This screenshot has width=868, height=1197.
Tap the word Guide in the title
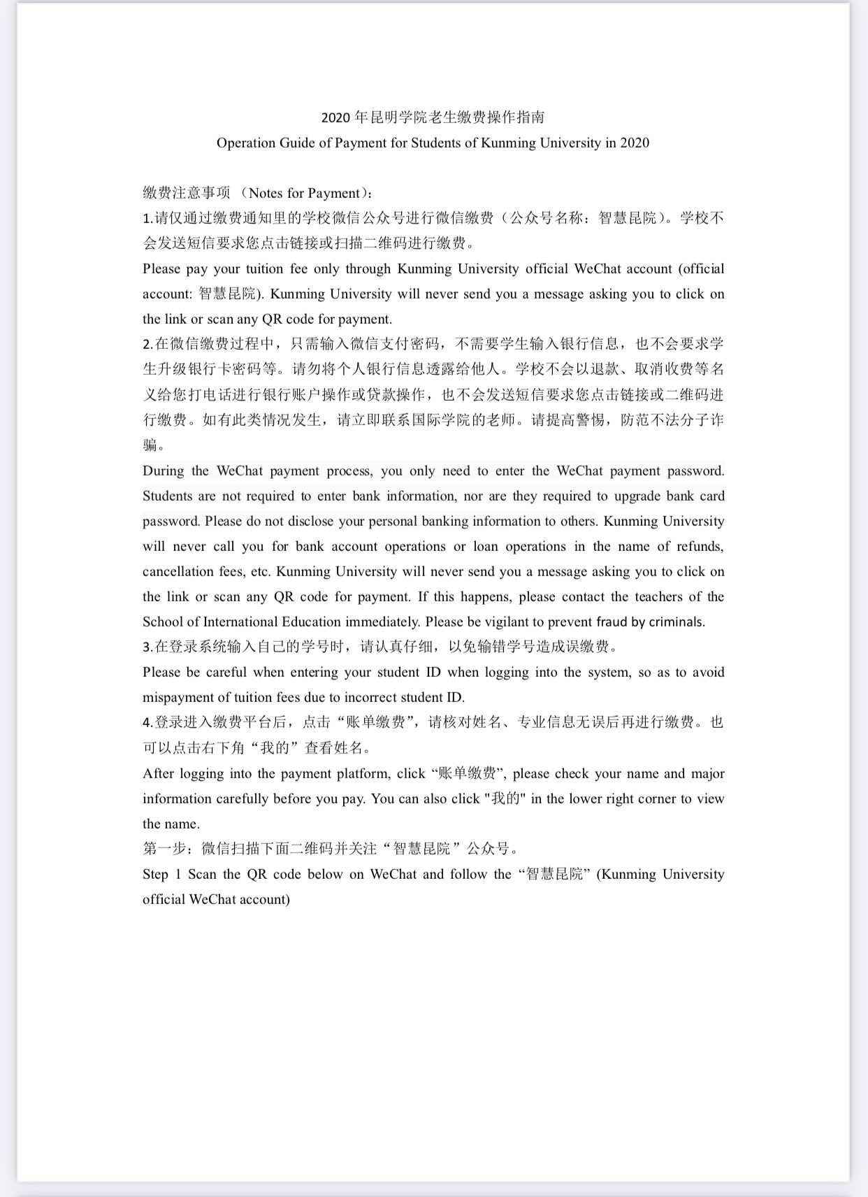(298, 143)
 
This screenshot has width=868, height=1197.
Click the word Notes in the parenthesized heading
(266, 194)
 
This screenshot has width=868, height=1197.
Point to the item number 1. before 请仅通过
(147, 219)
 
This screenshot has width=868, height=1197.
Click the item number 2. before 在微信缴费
(147, 345)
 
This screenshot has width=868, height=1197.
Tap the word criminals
(677, 622)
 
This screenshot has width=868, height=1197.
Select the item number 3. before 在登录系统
(147, 647)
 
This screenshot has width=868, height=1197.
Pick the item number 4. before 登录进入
(147, 723)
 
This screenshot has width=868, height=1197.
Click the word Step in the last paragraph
(155, 875)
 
